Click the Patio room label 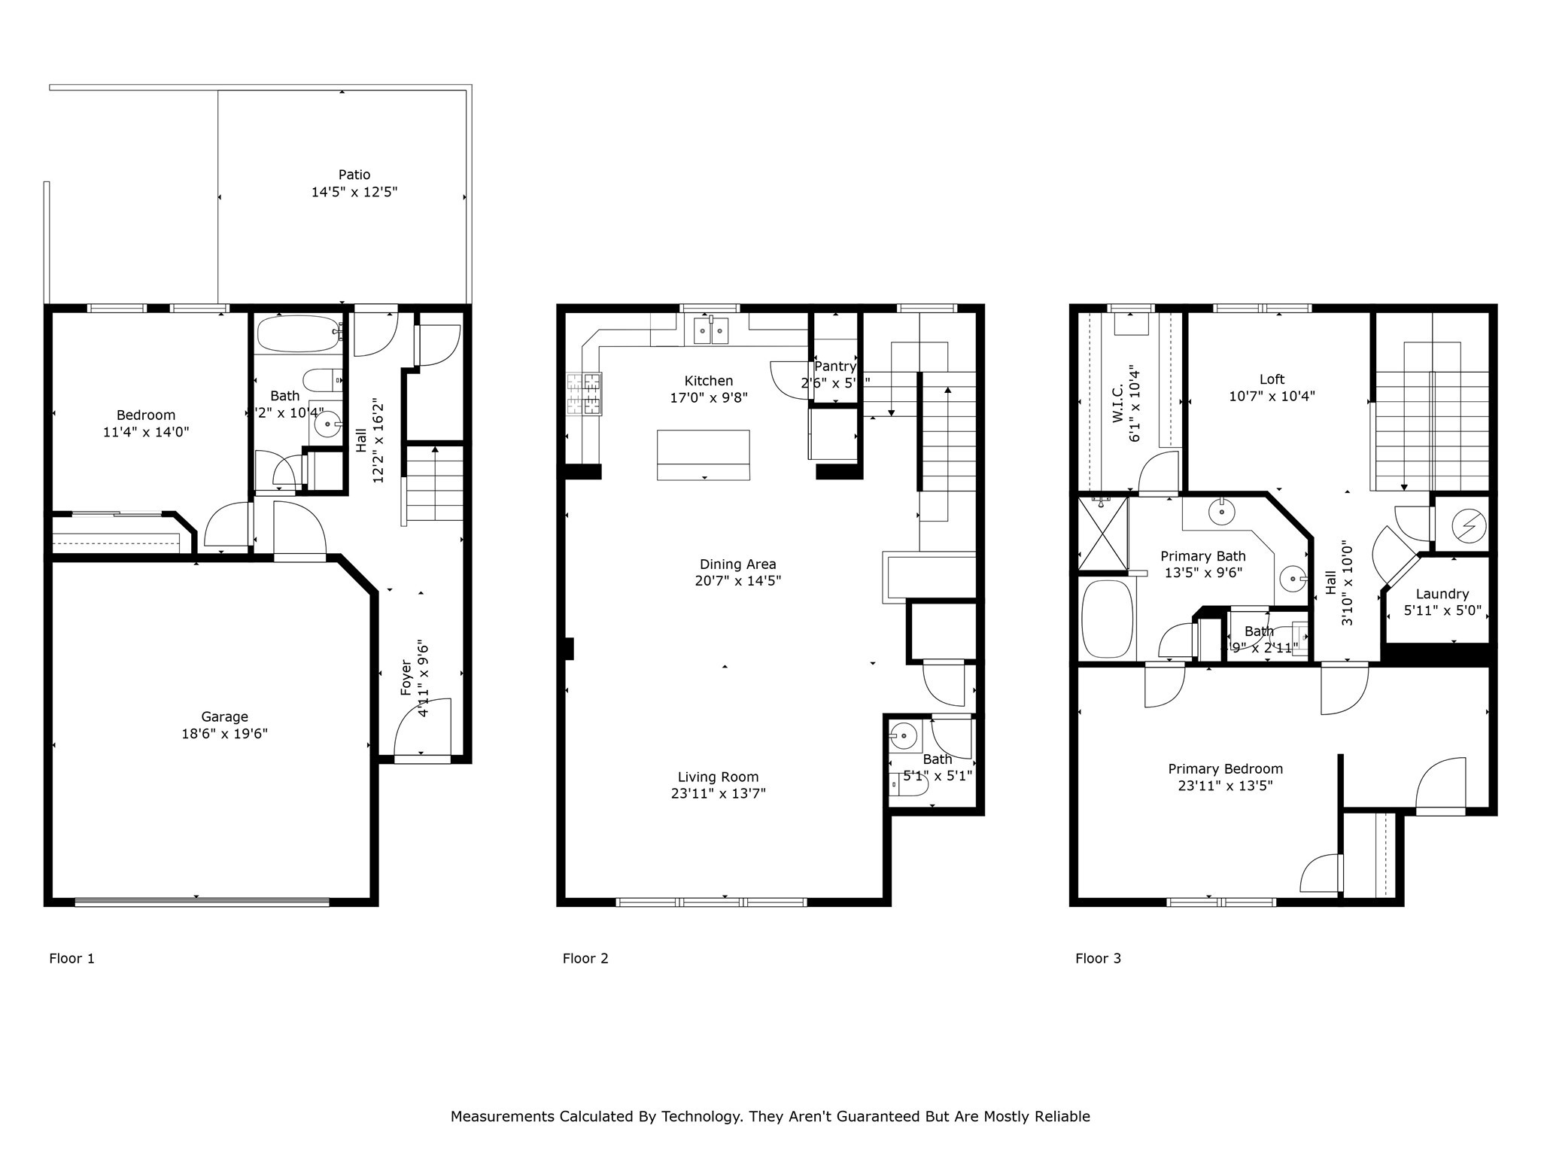coord(354,175)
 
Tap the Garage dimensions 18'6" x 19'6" coord(224,734)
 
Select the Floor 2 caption coord(585,958)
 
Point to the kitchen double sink coord(710,330)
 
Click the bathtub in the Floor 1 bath coord(299,333)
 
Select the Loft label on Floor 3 coord(1272,379)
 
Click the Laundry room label coord(1442,594)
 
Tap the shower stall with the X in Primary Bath coord(1103,533)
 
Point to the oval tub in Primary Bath coord(1107,619)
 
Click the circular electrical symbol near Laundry coord(1468,525)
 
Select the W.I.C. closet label coord(1117,402)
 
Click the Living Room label coord(718,777)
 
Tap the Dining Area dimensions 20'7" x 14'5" coord(737,581)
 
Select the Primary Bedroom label coord(1225,768)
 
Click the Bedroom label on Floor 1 coord(145,415)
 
